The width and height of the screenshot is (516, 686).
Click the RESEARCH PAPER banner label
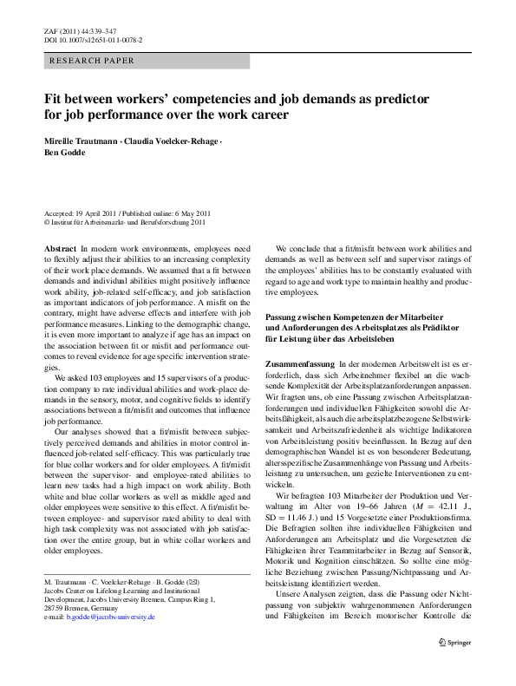point(91,61)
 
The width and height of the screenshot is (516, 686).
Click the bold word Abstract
point(62,249)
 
